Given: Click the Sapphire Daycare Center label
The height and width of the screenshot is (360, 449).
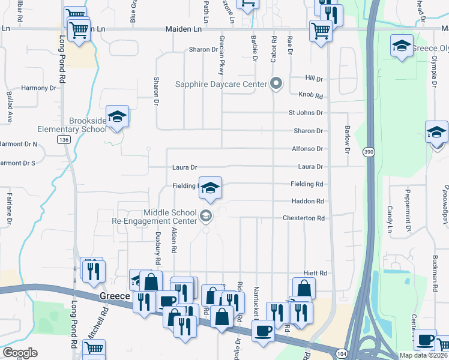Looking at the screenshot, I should pos(221,84).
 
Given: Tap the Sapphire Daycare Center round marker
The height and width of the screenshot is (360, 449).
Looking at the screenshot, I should pos(276,83).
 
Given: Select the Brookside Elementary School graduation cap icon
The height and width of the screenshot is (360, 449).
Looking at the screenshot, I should pos(118,115).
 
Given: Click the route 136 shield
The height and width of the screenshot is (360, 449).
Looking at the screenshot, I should pos(63,139).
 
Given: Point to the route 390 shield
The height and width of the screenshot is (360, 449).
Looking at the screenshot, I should pos(368,153).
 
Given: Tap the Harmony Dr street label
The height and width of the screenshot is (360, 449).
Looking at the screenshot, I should pos(38,88).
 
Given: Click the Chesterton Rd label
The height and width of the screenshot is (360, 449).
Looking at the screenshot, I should pos(304,218).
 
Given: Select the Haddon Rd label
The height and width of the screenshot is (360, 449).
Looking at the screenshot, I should pos(307,201).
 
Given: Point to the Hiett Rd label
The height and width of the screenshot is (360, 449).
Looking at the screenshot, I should pos(315,273).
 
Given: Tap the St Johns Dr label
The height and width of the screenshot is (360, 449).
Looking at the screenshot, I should pos(306,113).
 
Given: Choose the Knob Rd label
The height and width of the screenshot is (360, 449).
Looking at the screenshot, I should pos(310,95).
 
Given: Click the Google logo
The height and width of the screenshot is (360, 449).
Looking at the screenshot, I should pos(19,353).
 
